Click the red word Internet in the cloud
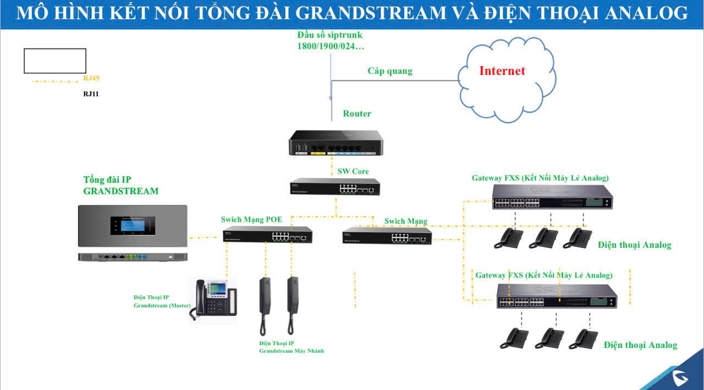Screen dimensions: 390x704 [x=502, y=71]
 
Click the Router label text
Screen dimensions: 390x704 [x=357, y=113]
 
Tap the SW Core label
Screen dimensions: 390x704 [x=353, y=171]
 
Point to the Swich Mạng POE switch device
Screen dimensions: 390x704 [x=268, y=235]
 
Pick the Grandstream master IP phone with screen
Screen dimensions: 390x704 [x=215, y=300]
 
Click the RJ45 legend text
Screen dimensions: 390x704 [x=91, y=78]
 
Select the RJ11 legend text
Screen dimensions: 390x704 [x=91, y=94]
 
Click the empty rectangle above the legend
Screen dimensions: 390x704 [x=55, y=61]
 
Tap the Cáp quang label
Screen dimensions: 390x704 [x=390, y=71]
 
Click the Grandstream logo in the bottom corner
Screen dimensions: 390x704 [x=683, y=377]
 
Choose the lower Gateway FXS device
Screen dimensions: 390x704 [x=557, y=296]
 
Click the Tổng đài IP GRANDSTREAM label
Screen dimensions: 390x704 [x=120, y=186]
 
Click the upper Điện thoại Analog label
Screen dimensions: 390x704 [x=634, y=245]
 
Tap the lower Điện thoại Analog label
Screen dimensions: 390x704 [x=640, y=345]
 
